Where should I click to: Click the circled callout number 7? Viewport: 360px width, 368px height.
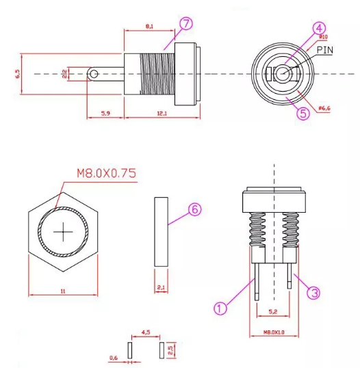coord(185,23)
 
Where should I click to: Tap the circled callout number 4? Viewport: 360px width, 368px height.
coord(300,28)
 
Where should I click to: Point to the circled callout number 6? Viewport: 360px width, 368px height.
coord(194,211)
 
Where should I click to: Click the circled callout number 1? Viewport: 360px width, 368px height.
coord(220,308)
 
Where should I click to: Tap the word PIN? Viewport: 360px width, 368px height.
coord(324,49)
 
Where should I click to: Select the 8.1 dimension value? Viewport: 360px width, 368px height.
coord(149,26)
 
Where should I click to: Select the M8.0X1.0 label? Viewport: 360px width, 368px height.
coord(272,332)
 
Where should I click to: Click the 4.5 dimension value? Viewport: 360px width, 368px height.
coord(145,333)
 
